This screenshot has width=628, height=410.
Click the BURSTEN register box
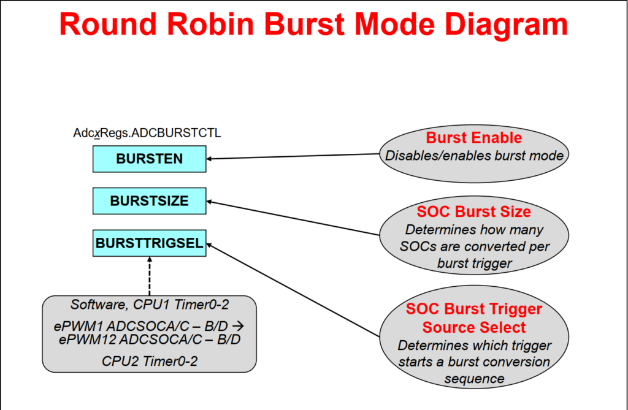pos(149,159)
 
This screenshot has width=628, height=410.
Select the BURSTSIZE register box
pos(149,201)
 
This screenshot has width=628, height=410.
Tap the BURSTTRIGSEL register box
pos(149,243)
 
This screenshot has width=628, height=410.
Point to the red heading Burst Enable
pos(473,137)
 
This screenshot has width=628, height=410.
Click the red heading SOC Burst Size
pos(473,212)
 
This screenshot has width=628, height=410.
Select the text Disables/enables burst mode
pos(474,156)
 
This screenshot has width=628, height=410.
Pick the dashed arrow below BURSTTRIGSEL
pos(149,276)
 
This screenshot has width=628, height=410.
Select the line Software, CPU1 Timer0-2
pos(150,304)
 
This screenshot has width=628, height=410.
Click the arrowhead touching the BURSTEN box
pos(210,159)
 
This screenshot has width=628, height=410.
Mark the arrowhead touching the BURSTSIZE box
pos(210,201)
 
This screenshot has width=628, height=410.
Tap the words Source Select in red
pos(473,327)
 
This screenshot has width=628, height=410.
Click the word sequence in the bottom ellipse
pos(474,379)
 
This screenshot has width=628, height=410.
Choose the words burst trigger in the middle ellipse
pos(474,263)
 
